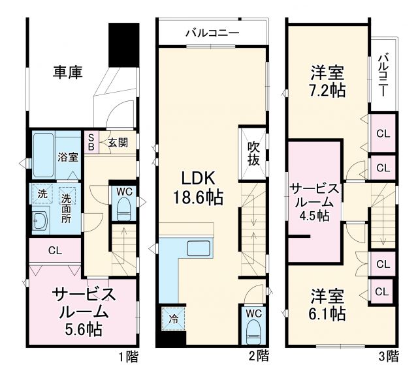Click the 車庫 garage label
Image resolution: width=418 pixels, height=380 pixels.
[x=67, y=72]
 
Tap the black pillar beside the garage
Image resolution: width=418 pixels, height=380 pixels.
[x=124, y=44]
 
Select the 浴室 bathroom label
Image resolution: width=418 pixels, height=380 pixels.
[x=69, y=157]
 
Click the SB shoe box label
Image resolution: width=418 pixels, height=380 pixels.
[x=91, y=142]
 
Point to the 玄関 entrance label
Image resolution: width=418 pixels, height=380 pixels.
[x=118, y=142]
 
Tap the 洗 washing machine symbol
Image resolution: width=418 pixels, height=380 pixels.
[x=41, y=194]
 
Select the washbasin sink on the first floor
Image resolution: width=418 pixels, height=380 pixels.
[x=40, y=221]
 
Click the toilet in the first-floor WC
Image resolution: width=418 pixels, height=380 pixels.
[x=123, y=209]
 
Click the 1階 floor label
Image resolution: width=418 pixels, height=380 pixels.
[x=129, y=356]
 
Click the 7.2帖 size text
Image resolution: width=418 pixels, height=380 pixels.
[x=329, y=90]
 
